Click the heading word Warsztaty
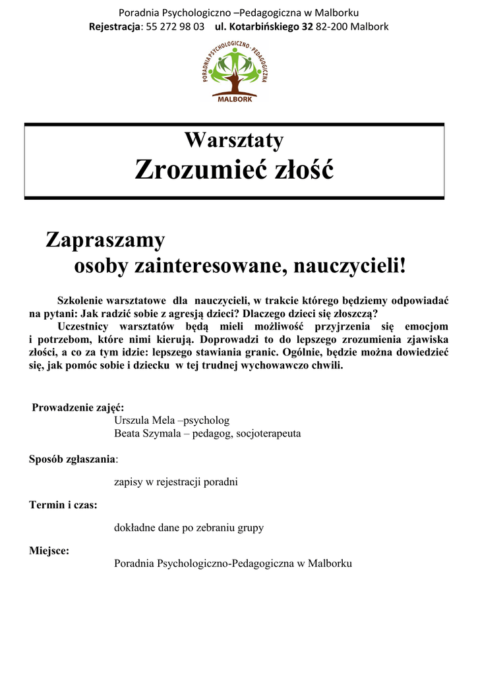[x=234, y=140]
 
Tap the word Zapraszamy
[x=105, y=241]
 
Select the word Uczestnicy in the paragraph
[x=83, y=326]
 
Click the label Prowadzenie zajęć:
[x=78, y=407]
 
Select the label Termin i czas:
[x=63, y=506]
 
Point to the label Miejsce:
[x=49, y=551]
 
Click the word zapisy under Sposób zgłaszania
[x=127, y=482]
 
